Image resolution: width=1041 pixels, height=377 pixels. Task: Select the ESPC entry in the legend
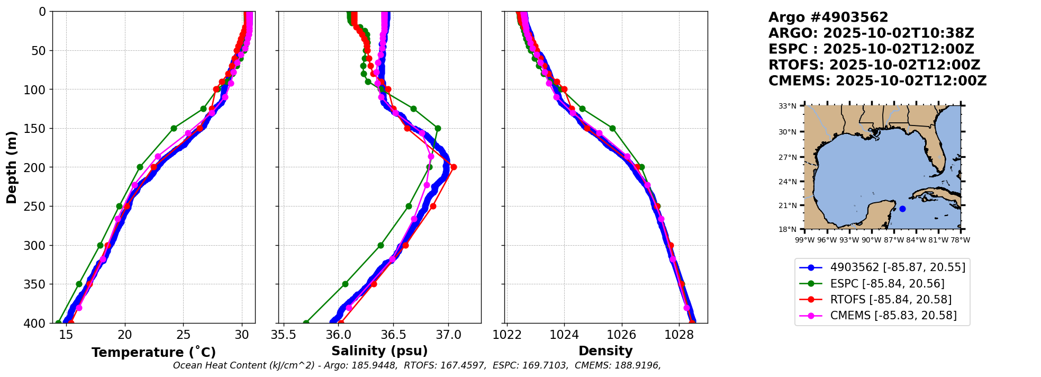click(x=887, y=284)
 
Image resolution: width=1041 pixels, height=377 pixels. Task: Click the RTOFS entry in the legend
click(x=891, y=300)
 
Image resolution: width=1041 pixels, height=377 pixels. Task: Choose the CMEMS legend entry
click(x=893, y=316)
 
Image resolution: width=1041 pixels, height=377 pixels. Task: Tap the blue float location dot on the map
click(x=902, y=209)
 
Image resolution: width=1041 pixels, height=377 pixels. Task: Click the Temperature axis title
click(x=153, y=353)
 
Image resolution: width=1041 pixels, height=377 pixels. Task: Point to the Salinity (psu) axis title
click(x=379, y=351)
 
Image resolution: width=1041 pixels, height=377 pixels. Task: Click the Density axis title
click(x=605, y=351)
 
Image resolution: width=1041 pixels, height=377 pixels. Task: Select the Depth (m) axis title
click(x=12, y=167)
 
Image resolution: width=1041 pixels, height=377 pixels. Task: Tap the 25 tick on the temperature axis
click(x=183, y=335)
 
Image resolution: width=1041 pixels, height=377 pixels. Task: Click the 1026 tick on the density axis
click(x=621, y=335)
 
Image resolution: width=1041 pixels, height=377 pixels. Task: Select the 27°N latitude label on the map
click(x=787, y=157)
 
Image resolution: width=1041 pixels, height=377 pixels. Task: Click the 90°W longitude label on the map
click(x=871, y=240)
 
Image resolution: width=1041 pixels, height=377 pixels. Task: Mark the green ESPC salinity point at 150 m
click(x=438, y=128)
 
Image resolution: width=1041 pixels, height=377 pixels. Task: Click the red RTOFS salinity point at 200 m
click(x=454, y=167)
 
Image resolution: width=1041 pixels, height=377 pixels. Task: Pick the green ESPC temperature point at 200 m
click(x=140, y=167)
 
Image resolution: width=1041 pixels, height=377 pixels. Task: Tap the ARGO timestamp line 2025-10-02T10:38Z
click(x=871, y=33)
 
